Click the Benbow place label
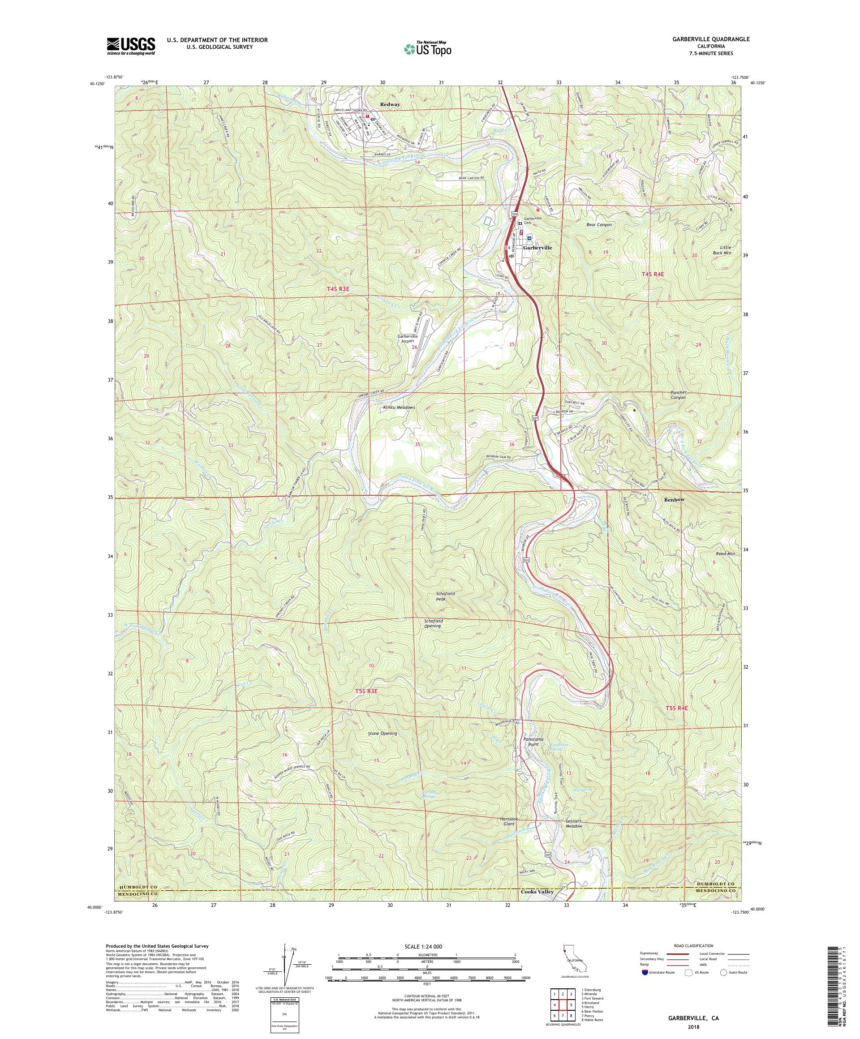pyautogui.click(x=675, y=500)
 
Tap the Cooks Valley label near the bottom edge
pyautogui.click(x=537, y=906)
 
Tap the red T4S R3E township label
pyautogui.click(x=342, y=288)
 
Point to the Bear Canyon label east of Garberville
pyautogui.click(x=599, y=225)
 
